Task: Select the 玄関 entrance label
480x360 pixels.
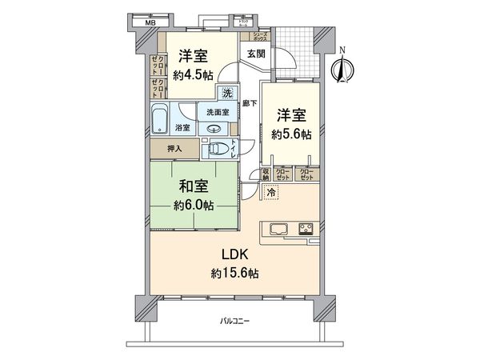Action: point(256,54)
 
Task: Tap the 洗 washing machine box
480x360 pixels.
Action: point(227,91)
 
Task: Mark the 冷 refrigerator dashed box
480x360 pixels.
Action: point(273,193)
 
